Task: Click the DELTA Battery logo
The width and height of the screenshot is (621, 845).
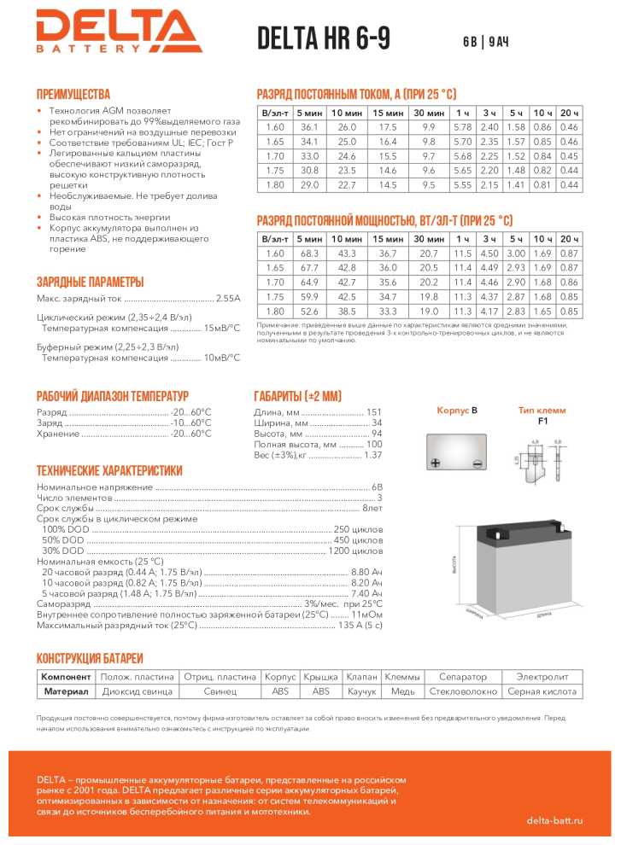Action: coord(119,32)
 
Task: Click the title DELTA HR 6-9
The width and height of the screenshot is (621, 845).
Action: coord(323,38)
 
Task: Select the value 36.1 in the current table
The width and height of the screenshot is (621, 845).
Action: coord(308,126)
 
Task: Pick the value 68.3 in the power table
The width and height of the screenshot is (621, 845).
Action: coord(309,254)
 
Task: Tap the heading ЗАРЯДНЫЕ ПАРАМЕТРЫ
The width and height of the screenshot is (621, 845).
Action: coord(90,282)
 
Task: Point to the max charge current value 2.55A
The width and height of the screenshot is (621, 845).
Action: coord(228,299)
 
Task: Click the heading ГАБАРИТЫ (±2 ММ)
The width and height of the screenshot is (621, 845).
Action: coord(297,396)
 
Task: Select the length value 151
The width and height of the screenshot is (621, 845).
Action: coord(373,412)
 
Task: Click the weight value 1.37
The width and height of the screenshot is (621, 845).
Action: coord(372,456)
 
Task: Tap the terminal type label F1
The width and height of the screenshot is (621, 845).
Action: coord(542,421)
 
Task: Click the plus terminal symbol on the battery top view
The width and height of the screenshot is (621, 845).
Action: coord(436,463)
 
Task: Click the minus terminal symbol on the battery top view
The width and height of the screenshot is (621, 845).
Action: coord(477,463)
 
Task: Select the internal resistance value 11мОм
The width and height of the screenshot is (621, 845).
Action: coord(366,615)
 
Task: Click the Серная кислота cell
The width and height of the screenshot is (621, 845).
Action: coord(536,691)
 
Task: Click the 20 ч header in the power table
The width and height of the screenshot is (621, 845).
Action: coord(569,241)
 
